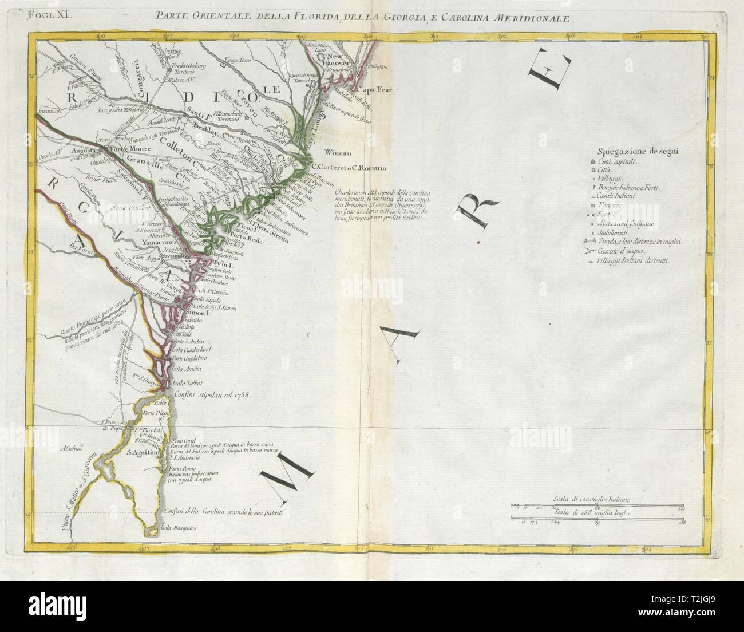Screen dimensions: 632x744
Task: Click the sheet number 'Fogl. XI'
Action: [x=50, y=17]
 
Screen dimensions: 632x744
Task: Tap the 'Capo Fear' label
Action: [x=373, y=90]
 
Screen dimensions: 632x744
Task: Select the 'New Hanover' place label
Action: [x=343, y=60]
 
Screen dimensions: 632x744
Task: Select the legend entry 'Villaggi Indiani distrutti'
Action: [x=642, y=261]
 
